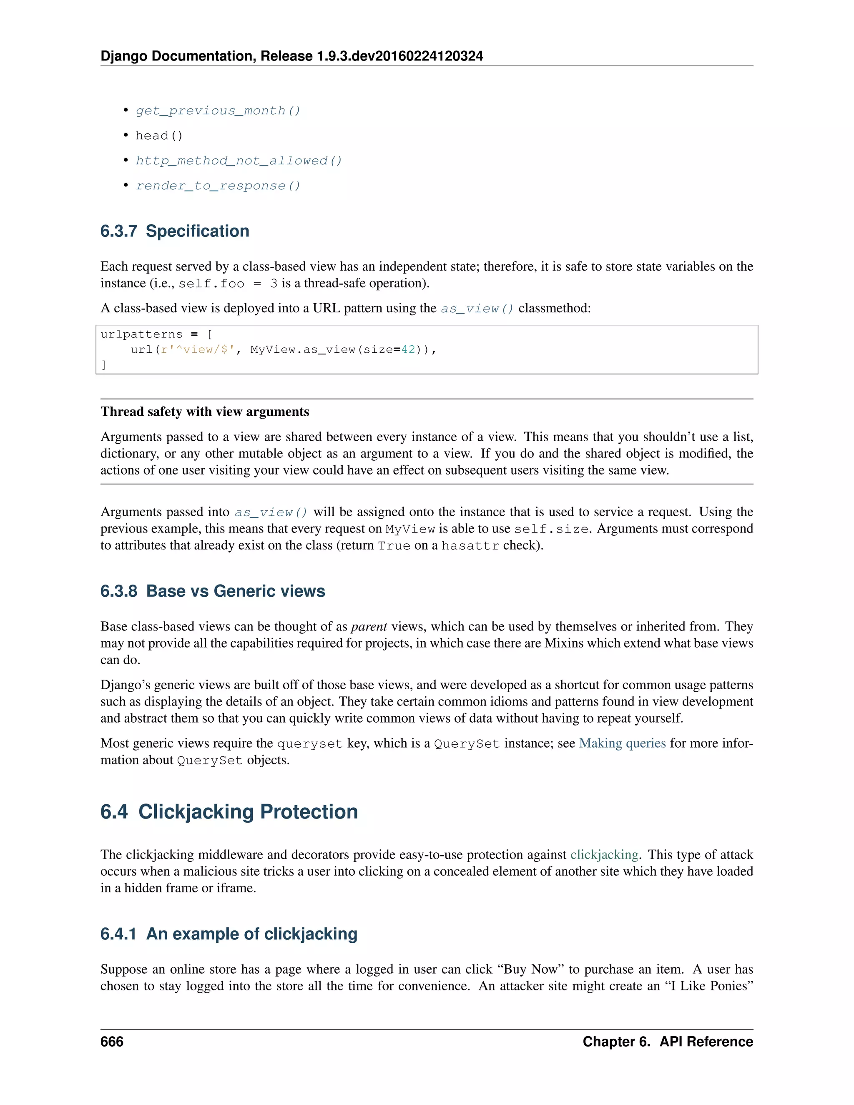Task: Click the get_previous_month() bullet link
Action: pos(218,111)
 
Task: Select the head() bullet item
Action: pos(159,136)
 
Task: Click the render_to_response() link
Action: pos(218,186)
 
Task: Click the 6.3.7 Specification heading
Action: pos(175,231)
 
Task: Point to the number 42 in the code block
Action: pos(408,349)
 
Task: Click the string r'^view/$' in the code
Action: pos(198,349)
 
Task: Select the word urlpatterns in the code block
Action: pos(141,334)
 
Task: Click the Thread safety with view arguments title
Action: pos(204,412)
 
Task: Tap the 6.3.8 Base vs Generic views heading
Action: pos(213,591)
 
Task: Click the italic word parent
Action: pos(369,627)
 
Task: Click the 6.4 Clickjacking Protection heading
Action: pos(229,811)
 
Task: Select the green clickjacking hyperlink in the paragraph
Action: pos(604,854)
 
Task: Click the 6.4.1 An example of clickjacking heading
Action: pos(229,934)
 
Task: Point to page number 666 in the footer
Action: pos(112,1042)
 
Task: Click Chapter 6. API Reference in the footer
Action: pos(667,1042)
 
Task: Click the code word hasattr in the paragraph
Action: pos(470,545)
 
